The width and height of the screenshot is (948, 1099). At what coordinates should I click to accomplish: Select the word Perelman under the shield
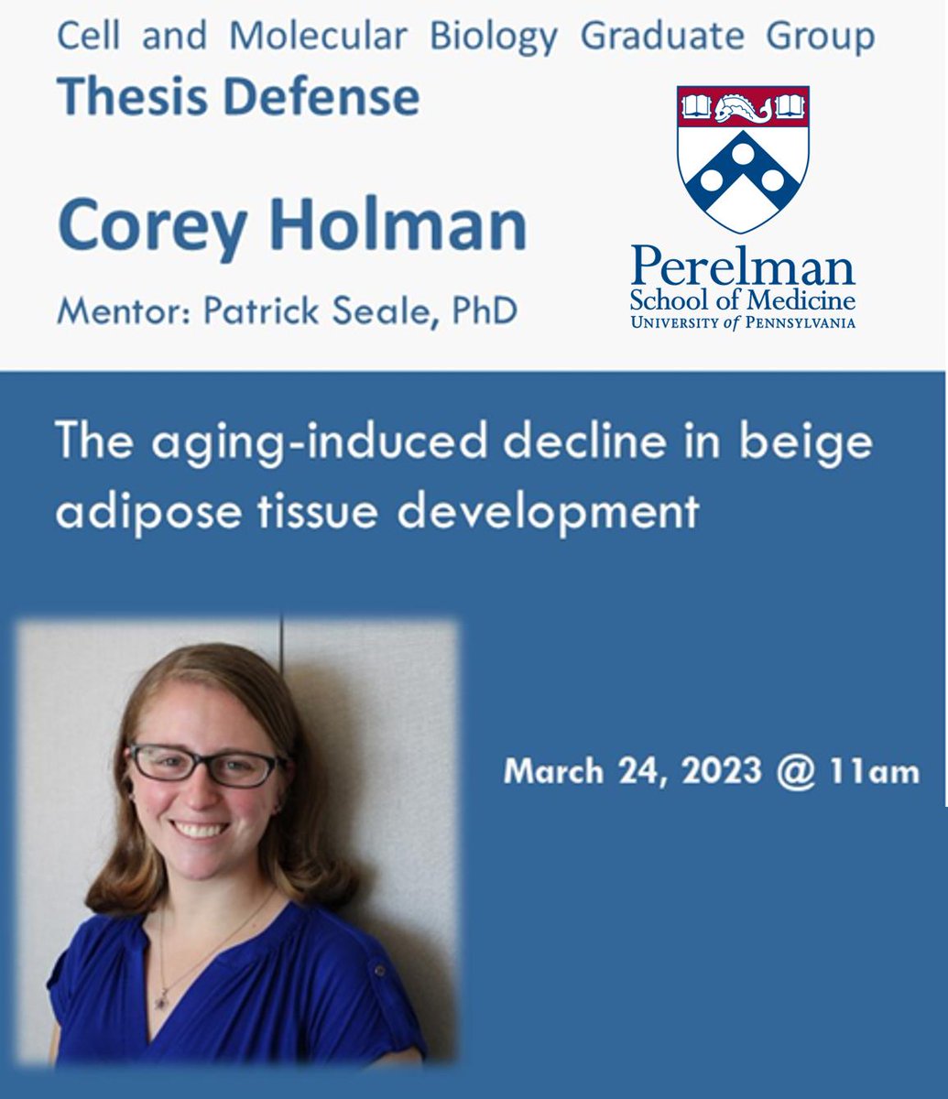click(743, 267)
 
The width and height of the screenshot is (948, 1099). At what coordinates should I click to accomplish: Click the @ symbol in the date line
click(794, 771)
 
